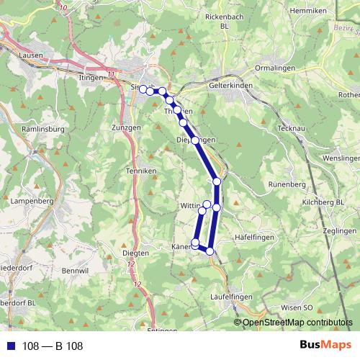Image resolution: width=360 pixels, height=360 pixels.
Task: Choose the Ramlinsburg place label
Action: point(45,129)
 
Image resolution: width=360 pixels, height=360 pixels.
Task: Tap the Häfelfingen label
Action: point(256,237)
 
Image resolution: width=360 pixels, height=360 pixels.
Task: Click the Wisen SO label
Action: point(297,307)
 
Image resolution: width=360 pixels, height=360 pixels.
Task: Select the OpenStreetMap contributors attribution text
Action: point(297,323)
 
